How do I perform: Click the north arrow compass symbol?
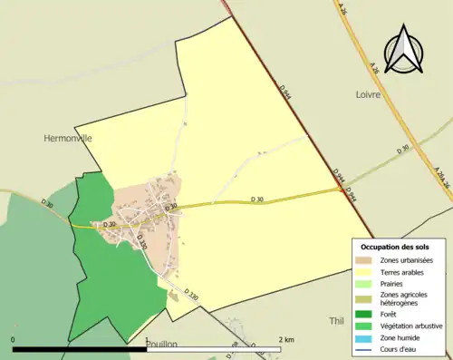(404, 49)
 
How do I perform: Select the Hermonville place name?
(68, 139)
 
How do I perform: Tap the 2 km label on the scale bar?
(286, 339)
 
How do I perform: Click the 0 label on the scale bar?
(14, 339)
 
